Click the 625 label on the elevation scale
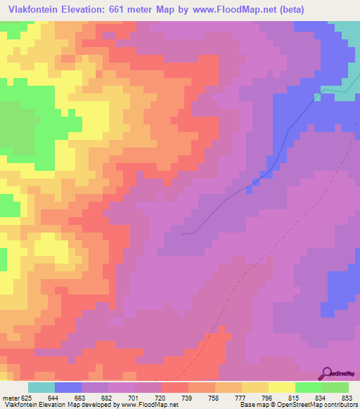click(x=26, y=397)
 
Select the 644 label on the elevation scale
click(x=53, y=397)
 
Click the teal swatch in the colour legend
click(x=41, y=387)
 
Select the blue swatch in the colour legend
click(x=68, y=387)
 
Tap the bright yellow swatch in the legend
click(x=282, y=387)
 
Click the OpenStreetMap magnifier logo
click(x=328, y=373)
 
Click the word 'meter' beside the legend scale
click(x=9, y=397)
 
